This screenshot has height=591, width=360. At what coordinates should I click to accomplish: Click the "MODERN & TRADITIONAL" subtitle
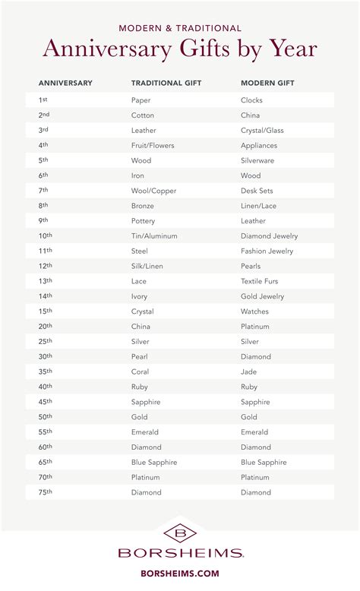pos(180,28)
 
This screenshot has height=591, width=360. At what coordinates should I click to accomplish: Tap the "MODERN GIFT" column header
pos(267,82)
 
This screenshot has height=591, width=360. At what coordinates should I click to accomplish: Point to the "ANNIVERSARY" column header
pos(65,82)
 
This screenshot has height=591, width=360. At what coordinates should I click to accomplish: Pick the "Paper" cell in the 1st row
pos(141,100)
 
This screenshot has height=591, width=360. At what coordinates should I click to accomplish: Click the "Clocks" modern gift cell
pos(251,100)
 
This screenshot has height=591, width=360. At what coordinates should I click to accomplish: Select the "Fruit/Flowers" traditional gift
pos(151,145)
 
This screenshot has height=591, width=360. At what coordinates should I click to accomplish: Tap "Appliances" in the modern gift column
pos(259,145)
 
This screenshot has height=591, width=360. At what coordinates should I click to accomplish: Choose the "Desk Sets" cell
pos(257,191)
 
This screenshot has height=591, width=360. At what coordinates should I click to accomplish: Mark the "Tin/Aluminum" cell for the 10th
pos(153,236)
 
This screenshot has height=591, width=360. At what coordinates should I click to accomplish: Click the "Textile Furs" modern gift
pos(261,281)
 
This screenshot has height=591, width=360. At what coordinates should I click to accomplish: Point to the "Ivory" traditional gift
pos(140,296)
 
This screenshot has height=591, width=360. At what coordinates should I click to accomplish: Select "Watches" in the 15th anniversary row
pos(254,311)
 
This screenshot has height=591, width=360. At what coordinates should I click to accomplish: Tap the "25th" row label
pos(45,342)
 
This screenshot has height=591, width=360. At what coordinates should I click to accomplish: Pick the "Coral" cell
pos(141,371)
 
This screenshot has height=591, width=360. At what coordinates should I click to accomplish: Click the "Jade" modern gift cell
pos(249,371)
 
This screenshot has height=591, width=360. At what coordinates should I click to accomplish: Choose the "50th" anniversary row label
pos(45,417)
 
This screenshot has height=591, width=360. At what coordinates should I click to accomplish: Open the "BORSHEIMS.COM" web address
pos(180,575)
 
